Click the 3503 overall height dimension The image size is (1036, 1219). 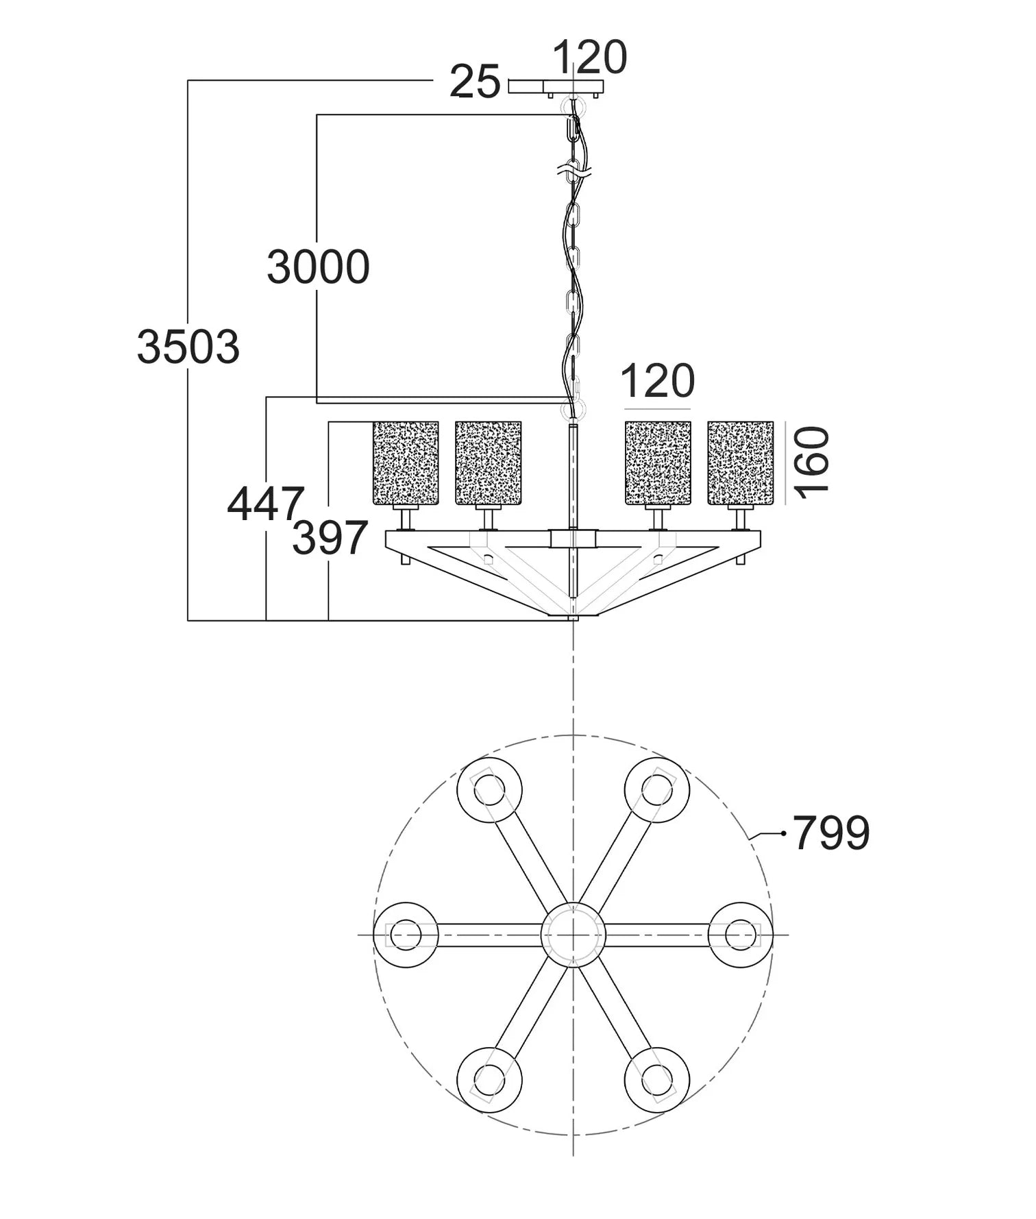click(x=188, y=347)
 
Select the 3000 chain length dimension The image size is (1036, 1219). click(x=318, y=267)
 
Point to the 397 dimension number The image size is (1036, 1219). click(x=330, y=538)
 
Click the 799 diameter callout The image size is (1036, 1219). click(x=831, y=833)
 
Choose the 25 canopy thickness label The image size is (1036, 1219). click(x=475, y=83)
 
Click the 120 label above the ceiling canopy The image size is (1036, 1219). click(x=589, y=57)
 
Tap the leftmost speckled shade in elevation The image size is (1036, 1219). click(x=406, y=463)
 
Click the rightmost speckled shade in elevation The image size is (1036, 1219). click(x=740, y=463)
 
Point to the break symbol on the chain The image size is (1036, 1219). click(x=574, y=170)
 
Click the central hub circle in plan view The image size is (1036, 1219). click(x=573, y=935)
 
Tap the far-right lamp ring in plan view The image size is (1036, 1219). click(x=740, y=935)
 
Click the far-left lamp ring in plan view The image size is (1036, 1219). click(x=406, y=935)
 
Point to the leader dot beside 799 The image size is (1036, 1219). click(x=783, y=833)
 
